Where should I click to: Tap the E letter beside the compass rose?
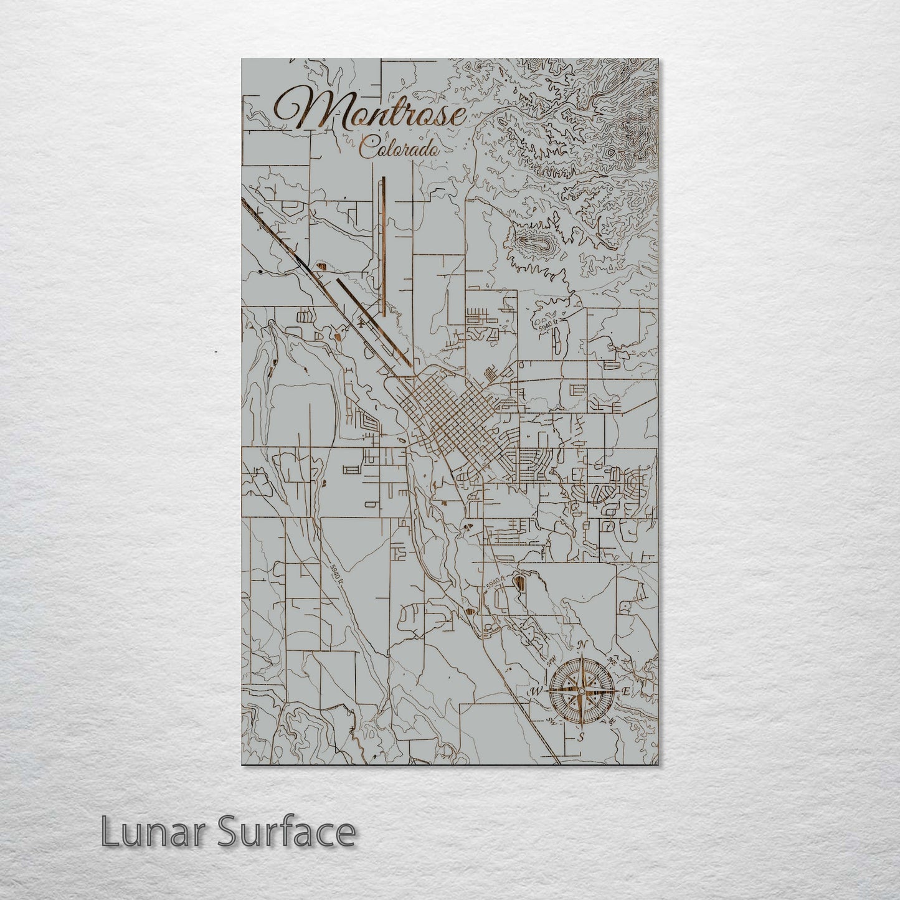(627, 691)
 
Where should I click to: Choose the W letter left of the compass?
(534, 691)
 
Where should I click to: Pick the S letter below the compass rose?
(580, 737)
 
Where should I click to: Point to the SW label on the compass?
(551, 721)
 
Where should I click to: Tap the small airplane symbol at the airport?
(362, 323)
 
